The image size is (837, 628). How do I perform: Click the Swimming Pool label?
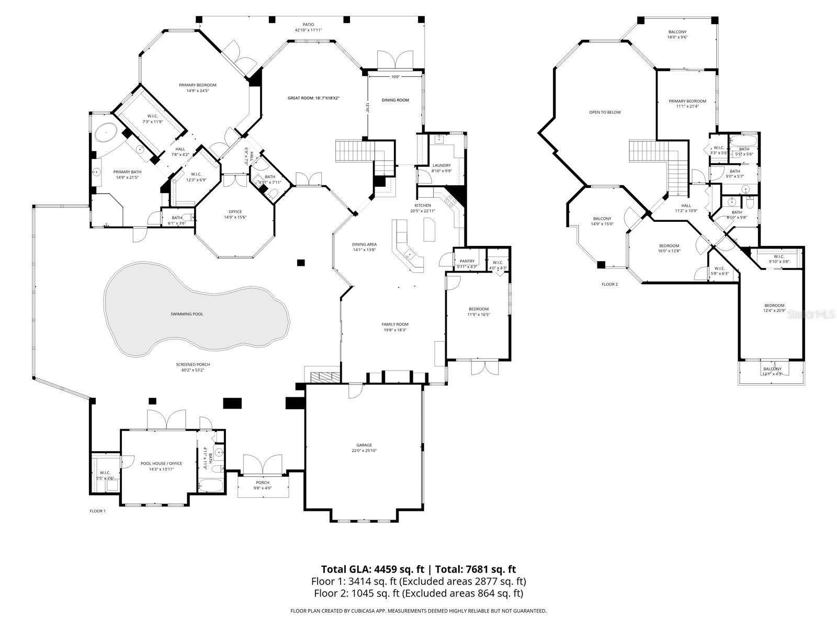(186, 314)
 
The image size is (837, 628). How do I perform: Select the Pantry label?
(467, 261)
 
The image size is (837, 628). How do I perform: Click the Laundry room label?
(441, 165)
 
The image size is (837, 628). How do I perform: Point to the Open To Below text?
(605, 112)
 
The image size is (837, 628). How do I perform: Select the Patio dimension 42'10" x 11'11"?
(308, 30)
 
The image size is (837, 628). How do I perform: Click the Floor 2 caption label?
(609, 284)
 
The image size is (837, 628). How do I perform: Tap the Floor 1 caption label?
(97, 511)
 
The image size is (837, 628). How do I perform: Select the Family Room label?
(394, 324)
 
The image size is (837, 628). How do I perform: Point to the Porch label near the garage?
(263, 483)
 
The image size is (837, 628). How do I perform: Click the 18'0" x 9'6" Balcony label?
(677, 32)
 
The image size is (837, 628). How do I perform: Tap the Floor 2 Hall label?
(686, 206)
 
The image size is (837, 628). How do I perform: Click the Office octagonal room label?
(235, 211)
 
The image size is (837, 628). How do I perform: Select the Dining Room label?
(395, 100)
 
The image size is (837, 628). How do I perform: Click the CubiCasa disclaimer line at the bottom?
(418, 611)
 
